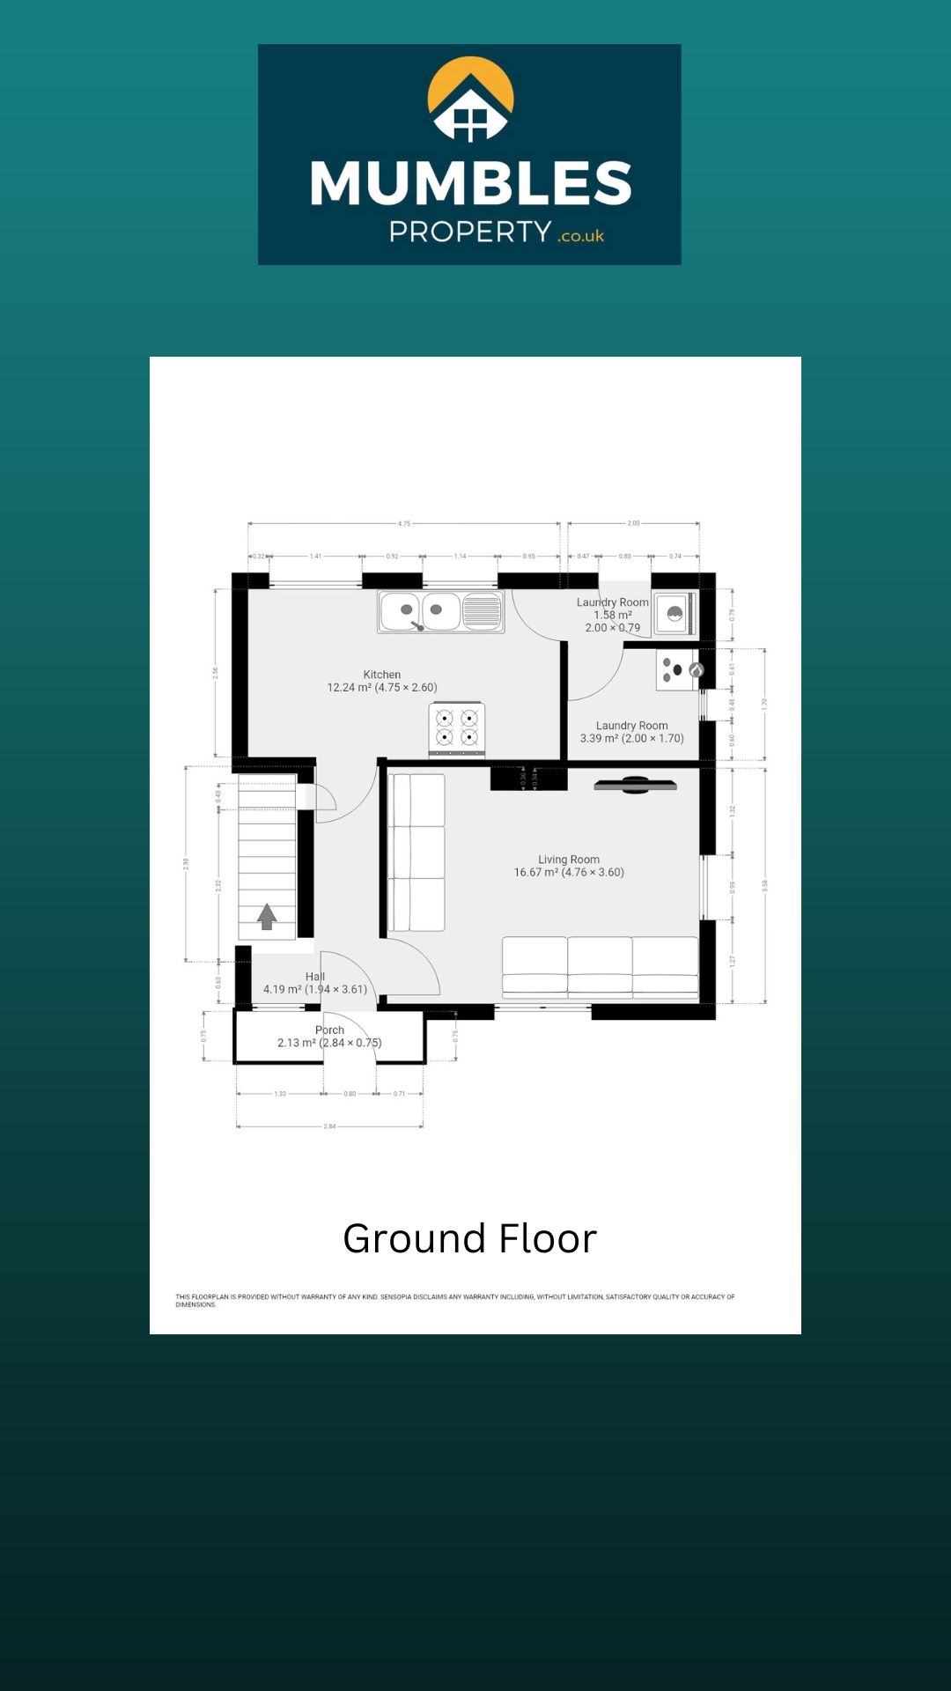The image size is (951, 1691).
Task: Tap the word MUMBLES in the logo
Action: pyautogui.click(x=471, y=184)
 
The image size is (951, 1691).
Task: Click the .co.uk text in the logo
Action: pyautogui.click(x=581, y=236)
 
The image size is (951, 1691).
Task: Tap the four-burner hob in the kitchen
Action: pyautogui.click(x=457, y=727)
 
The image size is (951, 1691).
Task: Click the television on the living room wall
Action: pyautogui.click(x=635, y=784)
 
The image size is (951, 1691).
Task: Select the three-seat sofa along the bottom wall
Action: pyautogui.click(x=600, y=967)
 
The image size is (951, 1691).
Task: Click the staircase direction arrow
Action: pyautogui.click(x=267, y=917)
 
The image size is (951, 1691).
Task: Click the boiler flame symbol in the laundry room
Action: pyautogui.click(x=696, y=670)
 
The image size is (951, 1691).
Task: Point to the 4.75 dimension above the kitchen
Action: pyautogui.click(x=403, y=523)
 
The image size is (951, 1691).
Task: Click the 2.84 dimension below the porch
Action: pyautogui.click(x=329, y=1126)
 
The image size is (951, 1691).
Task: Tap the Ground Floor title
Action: pyautogui.click(x=469, y=1238)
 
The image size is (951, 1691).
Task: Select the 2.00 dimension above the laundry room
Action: pyautogui.click(x=633, y=523)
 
